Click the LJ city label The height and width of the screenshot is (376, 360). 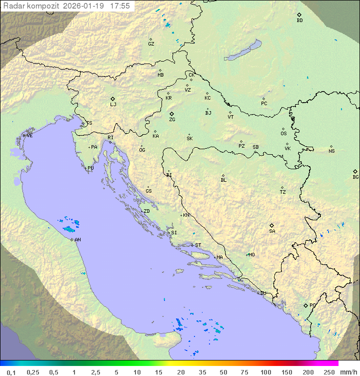point(113,105)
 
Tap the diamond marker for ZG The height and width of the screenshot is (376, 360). point(172,114)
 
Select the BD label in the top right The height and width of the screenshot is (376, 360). point(299,21)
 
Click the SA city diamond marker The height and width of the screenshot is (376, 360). point(272,225)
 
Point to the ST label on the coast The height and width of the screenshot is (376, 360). point(198,245)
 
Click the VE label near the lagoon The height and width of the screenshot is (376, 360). point(29,136)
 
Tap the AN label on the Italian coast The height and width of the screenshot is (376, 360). point(77,240)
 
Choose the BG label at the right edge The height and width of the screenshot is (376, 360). point(355,177)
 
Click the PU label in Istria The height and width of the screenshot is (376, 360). point(90,168)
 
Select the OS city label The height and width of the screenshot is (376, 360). point(283,134)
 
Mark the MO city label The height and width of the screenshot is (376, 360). point(251,255)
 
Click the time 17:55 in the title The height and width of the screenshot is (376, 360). point(120,6)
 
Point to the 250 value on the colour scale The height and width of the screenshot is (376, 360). point(329,372)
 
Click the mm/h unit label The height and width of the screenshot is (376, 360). point(348,372)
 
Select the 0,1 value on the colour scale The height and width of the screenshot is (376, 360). point(11,372)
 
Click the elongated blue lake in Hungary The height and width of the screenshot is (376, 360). point(243,51)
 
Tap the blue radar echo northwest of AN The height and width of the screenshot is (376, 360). point(67,229)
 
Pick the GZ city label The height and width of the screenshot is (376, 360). point(151,44)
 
